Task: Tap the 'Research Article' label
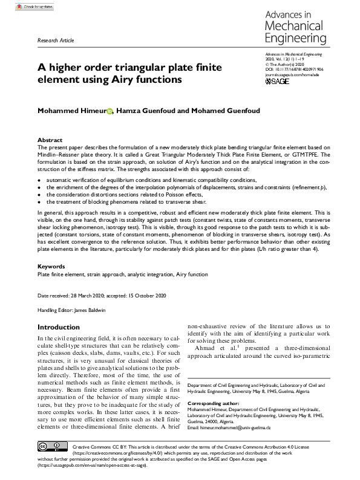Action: click(x=56, y=40)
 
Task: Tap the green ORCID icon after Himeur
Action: click(x=110, y=111)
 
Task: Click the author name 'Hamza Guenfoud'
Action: click(x=146, y=111)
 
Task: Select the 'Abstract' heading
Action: click(x=50, y=140)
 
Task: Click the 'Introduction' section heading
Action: click(x=59, y=327)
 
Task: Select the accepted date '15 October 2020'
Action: click(x=147, y=296)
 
